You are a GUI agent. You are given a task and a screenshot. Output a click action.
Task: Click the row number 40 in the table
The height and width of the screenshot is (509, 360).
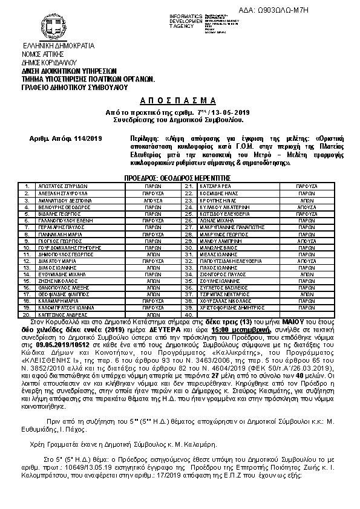189,315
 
